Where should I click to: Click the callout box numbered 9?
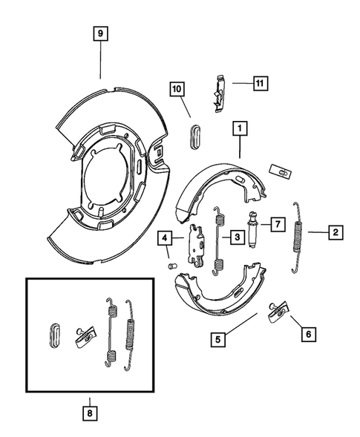[100, 34]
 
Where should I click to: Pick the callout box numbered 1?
[240, 129]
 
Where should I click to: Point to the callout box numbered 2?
[336, 232]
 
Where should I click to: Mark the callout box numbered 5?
[217, 341]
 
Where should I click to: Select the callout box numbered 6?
[305, 334]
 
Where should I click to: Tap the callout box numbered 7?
[276, 223]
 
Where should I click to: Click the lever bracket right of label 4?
[196, 244]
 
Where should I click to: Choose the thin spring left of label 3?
[218, 237]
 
